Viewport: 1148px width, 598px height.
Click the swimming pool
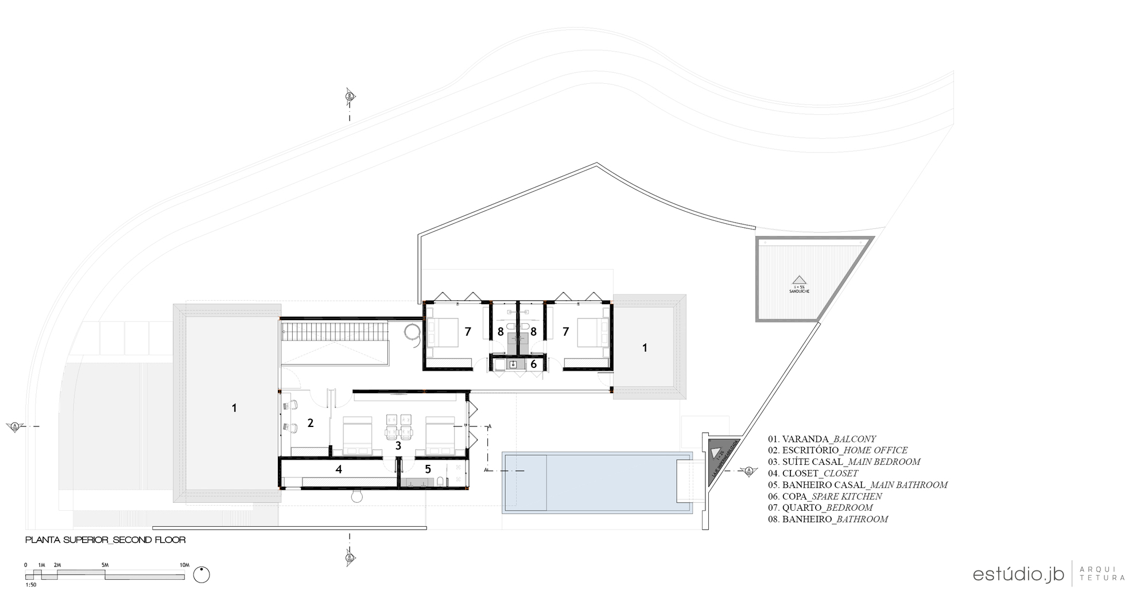click(597, 482)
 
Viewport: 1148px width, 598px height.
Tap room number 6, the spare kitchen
click(533, 364)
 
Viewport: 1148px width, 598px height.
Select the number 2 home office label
click(311, 423)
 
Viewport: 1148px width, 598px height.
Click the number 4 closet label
click(339, 469)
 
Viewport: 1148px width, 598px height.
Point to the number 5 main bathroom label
click(428, 469)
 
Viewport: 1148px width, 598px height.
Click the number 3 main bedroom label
click(398, 445)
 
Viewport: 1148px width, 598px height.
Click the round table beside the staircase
click(412, 331)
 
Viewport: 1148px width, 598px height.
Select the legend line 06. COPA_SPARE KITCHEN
click(825, 496)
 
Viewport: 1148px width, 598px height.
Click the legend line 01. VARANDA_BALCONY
click(822, 439)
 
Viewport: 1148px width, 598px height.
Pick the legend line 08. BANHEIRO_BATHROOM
click(828, 519)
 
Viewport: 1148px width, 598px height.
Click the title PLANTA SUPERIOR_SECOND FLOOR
click(106, 540)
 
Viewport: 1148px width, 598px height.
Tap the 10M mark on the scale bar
click(184, 565)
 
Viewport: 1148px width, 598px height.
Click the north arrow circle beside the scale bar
click(201, 574)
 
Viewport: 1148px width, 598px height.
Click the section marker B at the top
click(349, 96)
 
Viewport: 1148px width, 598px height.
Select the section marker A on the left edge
click(15, 426)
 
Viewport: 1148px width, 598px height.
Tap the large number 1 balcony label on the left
click(234, 408)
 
